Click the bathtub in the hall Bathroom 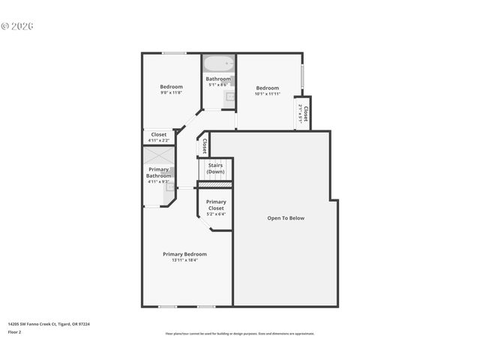click(219, 64)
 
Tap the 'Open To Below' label click(286, 218)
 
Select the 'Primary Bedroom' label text click(184, 254)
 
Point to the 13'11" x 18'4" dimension click(184, 260)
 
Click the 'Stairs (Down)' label click(215, 168)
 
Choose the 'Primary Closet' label click(216, 204)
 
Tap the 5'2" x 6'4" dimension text click(216, 214)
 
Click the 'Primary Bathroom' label click(158, 172)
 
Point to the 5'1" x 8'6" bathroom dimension click(218, 85)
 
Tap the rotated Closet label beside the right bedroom click(305, 112)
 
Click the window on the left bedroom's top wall click(174, 52)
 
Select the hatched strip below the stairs click(215, 184)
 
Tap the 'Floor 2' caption click(15, 331)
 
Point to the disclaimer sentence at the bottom click(240, 334)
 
